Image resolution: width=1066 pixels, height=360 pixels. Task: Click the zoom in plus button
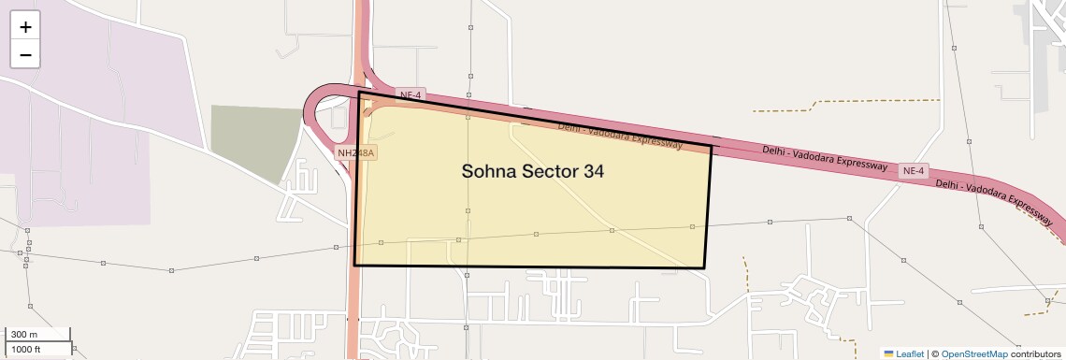(25, 27)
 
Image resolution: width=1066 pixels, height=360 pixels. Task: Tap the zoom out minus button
(25, 54)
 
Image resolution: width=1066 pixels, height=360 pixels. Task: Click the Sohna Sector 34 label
(533, 172)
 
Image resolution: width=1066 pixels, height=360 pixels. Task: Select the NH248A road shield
(356, 151)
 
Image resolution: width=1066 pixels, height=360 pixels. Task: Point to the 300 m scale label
(25, 335)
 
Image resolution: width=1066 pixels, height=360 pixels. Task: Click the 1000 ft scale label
(27, 349)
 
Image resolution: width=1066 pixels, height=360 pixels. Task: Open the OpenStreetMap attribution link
(973, 353)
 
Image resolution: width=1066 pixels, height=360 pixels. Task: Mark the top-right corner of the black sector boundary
(712, 146)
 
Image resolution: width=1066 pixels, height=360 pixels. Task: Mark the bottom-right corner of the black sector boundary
(704, 268)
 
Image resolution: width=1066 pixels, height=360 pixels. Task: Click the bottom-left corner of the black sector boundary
(354, 266)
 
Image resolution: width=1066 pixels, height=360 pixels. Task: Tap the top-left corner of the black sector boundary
(360, 93)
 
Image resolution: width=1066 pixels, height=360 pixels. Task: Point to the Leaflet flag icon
(888, 353)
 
